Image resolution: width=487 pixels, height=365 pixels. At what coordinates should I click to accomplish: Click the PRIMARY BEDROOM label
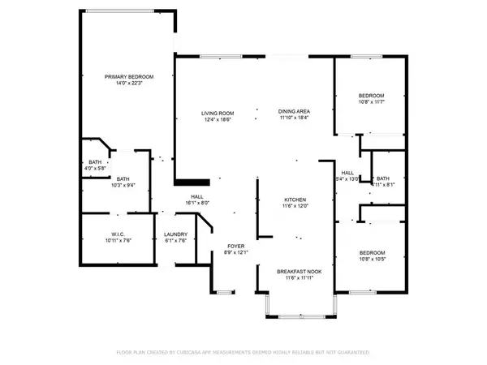coord(129,76)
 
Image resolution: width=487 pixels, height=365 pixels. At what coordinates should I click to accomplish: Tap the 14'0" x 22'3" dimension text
coord(129,83)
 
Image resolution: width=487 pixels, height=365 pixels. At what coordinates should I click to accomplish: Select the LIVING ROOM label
coord(218,113)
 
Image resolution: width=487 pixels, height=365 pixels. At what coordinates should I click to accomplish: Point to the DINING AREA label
coord(293,112)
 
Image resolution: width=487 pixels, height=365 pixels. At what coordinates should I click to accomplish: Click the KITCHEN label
coord(295,200)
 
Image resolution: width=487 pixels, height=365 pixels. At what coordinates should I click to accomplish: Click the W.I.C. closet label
coord(118,234)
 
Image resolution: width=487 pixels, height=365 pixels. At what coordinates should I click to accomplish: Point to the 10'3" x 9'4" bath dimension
coord(123,185)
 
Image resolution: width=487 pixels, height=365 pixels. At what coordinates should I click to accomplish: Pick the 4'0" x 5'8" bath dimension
coord(95,168)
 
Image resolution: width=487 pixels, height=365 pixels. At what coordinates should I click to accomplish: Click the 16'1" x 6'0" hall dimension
coord(196,203)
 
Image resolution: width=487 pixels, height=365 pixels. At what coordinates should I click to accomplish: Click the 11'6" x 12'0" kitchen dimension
coord(295,206)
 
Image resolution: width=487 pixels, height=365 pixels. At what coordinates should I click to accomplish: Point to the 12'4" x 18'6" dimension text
coord(218,119)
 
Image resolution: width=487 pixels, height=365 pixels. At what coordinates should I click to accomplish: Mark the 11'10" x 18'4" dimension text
coord(293,118)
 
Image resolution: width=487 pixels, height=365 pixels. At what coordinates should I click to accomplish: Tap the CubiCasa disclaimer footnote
coord(243,353)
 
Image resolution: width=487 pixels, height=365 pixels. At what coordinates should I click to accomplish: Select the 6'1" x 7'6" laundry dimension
coord(176,240)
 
